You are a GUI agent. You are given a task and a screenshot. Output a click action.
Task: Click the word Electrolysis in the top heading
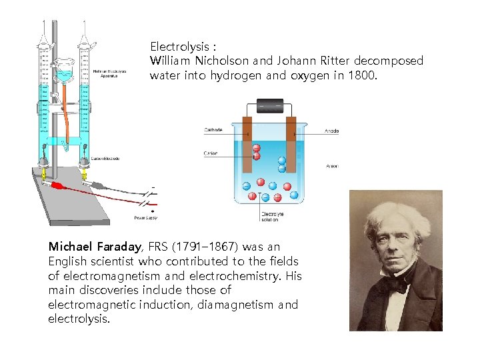[x=178, y=47]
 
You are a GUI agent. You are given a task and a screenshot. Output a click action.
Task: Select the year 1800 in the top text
[x=361, y=75]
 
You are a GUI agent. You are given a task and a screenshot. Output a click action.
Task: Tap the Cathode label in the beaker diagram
[x=213, y=131]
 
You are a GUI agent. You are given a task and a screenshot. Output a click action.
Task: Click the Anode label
[x=331, y=131]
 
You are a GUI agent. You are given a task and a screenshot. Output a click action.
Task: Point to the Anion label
[x=331, y=165]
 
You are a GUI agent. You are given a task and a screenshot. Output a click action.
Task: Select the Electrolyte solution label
[x=272, y=216]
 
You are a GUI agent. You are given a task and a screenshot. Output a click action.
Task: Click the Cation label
[x=211, y=153]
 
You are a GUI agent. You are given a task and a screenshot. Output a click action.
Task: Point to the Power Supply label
[x=145, y=217]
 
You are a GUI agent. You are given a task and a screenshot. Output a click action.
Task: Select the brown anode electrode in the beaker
[x=291, y=143]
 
